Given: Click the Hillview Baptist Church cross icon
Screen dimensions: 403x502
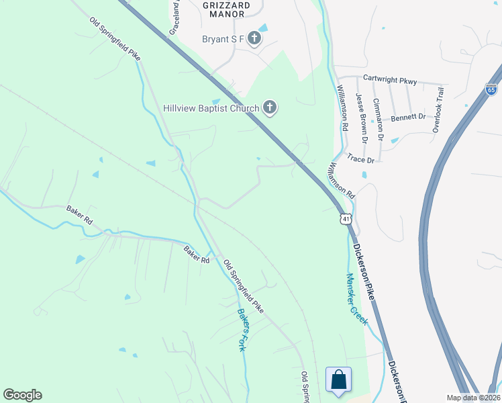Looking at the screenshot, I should tap(269, 107).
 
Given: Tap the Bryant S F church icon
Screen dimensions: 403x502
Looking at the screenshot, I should tap(254, 38).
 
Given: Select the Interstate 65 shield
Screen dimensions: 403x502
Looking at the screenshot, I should tap(491, 89).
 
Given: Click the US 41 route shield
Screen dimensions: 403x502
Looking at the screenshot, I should tap(344, 219).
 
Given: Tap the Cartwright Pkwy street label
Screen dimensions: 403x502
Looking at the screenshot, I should tap(390, 81).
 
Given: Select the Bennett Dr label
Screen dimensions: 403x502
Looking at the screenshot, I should tap(409, 116).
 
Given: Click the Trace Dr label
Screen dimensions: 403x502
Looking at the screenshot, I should tap(360, 159).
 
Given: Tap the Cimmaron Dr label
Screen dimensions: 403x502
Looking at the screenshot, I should tap(378, 119).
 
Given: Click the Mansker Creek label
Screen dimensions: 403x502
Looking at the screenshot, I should tap(357, 299).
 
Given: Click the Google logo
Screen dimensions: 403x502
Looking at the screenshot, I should tap(22, 395).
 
